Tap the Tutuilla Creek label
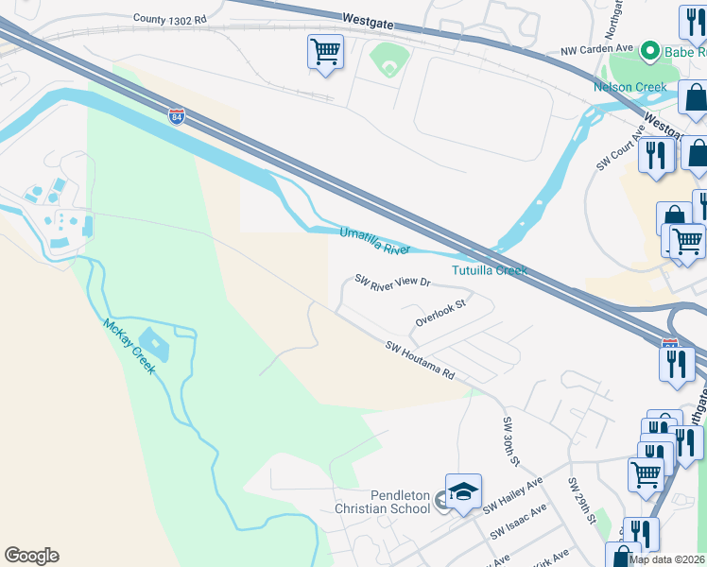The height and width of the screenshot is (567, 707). (x=489, y=270)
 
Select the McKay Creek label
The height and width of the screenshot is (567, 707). (x=129, y=345)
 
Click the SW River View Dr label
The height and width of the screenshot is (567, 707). (x=392, y=281)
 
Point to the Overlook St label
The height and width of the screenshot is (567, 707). (x=440, y=314)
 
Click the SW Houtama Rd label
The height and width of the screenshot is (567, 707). (x=420, y=361)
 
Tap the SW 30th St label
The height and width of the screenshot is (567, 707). (x=511, y=440)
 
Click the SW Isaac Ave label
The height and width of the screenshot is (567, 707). (x=519, y=522)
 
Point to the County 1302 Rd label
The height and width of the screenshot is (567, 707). (x=169, y=18)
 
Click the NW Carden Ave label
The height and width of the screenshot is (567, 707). (x=596, y=50)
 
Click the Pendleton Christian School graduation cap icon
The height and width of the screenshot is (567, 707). (x=463, y=491)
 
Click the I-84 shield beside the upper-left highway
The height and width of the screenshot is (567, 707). (x=177, y=116)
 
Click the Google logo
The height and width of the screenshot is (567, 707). (x=31, y=556)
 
